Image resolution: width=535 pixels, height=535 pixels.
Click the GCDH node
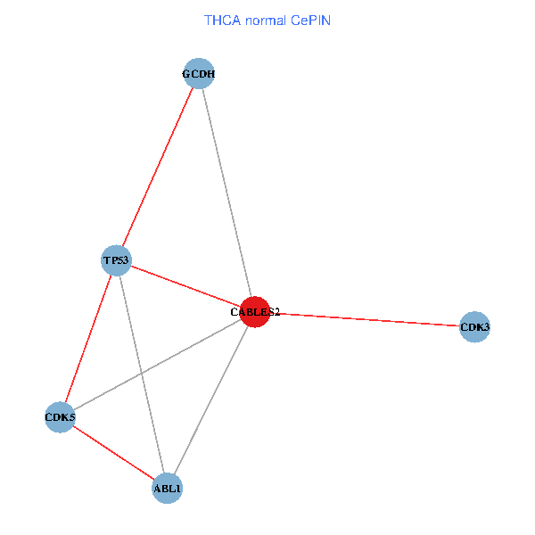pos(198,74)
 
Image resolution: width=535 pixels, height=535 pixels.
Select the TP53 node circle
pos(116,260)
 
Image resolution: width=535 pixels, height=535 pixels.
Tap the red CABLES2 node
pos(254,312)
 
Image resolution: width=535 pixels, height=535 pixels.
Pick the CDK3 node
pos(474,327)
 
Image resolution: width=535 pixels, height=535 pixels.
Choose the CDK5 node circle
pos(60,416)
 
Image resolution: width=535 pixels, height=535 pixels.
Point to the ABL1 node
pos(167,488)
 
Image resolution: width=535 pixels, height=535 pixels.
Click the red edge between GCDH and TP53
pos(157,167)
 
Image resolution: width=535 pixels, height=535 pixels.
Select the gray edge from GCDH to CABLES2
pos(226,193)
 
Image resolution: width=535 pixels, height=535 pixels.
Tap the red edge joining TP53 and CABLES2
pos(185,286)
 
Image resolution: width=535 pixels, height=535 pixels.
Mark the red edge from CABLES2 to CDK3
pos(364,319)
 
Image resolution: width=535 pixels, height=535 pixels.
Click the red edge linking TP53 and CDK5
pos(88,338)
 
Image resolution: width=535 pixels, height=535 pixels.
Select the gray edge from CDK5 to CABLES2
pos(178,352)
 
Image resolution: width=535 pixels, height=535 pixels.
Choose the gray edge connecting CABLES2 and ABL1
pos(210,399)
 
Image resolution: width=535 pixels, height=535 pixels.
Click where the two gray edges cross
pos(141,372)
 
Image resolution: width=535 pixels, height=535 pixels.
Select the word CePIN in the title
pos(310,20)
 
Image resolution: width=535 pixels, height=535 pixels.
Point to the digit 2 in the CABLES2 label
pos(276,312)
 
